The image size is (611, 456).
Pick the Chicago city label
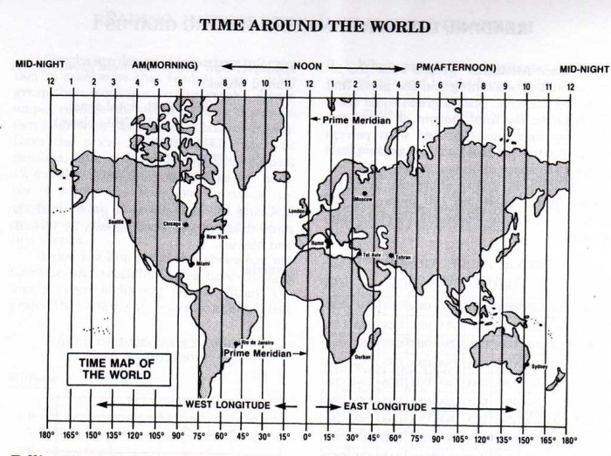click(x=173, y=224)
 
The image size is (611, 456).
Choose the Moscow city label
click(x=362, y=200)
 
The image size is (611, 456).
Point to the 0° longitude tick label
click(x=306, y=437)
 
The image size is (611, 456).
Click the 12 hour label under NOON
click(x=309, y=84)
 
